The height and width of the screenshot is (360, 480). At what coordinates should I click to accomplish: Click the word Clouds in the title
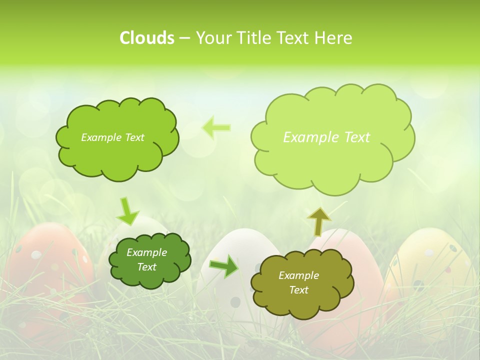146,38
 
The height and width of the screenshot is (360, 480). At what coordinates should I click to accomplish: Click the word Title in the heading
254,38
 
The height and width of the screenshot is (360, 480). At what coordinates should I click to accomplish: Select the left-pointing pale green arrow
216,127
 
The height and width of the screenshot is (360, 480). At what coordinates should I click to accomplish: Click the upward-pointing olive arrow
318,221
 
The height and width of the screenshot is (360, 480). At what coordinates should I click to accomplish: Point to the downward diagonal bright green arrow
128,211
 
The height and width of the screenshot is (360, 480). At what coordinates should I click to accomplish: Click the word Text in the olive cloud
298,290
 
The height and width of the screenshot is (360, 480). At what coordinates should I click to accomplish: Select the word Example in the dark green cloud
146,252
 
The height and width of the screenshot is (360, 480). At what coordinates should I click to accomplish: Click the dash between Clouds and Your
184,38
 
